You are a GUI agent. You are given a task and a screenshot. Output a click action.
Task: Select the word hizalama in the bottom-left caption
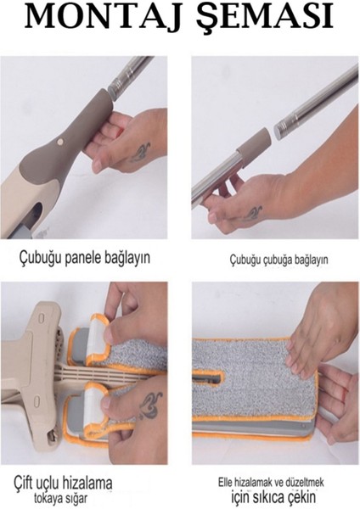[83, 483]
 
